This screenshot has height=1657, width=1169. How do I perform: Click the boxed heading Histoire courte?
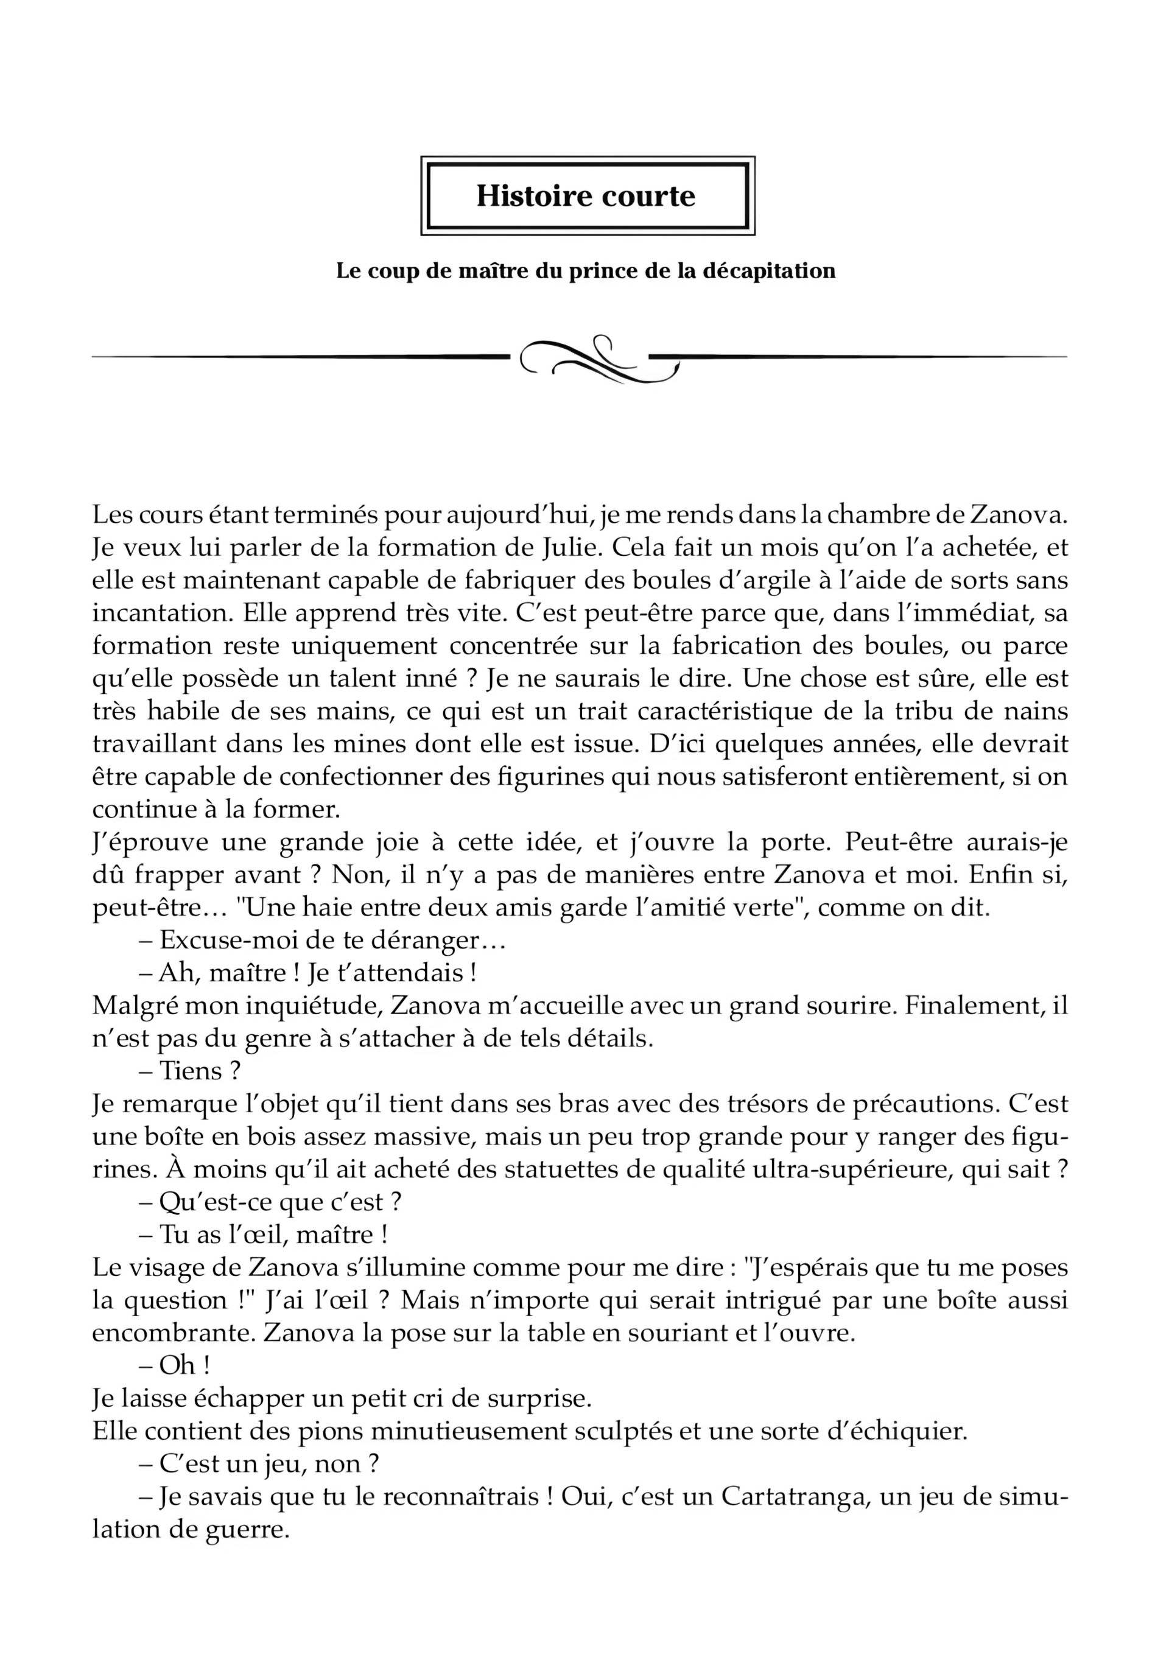point(585,196)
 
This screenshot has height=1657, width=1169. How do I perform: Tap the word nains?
point(1034,711)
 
